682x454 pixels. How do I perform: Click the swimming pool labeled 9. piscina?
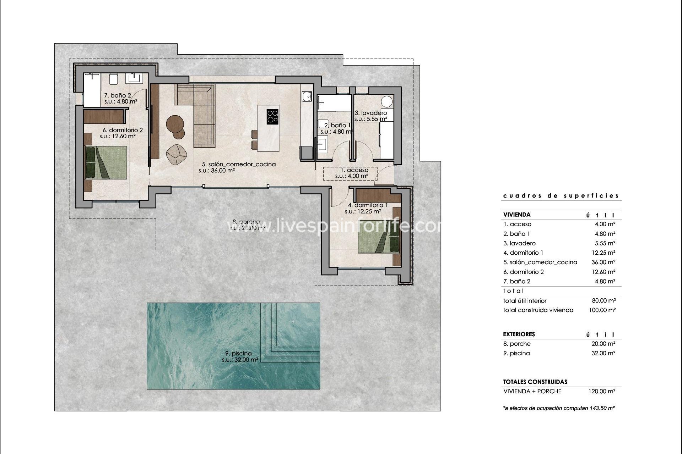pyautogui.click(x=213, y=346)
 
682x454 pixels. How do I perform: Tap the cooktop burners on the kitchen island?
pyautogui.click(x=273, y=116)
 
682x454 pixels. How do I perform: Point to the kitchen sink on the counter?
pyautogui.click(x=307, y=96)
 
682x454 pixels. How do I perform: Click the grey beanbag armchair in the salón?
pyautogui.click(x=177, y=155)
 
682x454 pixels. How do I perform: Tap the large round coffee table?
pyautogui.click(x=175, y=123)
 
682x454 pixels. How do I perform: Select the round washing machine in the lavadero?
pyautogui.click(x=387, y=101)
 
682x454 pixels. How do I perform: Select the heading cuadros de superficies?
pyautogui.click(x=561, y=196)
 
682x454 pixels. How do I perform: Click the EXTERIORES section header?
pyautogui.click(x=519, y=334)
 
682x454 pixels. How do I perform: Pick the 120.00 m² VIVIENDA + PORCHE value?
pyautogui.click(x=602, y=391)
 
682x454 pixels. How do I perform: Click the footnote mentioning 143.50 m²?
pyautogui.click(x=559, y=408)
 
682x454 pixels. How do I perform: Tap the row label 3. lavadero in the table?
pyautogui.click(x=519, y=243)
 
